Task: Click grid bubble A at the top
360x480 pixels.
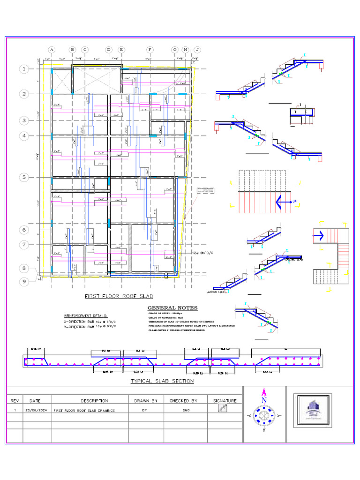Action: pyautogui.click(x=52, y=50)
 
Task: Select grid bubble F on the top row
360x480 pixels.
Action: pyautogui.click(x=150, y=50)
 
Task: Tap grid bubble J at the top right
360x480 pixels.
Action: pyautogui.click(x=197, y=50)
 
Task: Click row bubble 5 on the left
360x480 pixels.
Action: pyautogui.click(x=24, y=177)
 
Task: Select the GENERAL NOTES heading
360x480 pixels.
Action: pyautogui.click(x=172, y=308)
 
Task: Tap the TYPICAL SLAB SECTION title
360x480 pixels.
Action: pyautogui.click(x=162, y=381)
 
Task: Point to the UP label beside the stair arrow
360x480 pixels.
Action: pyautogui.click(x=294, y=202)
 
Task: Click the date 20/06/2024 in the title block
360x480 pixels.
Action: pyautogui.click(x=37, y=410)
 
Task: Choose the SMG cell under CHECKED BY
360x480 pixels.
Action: pyautogui.click(x=186, y=410)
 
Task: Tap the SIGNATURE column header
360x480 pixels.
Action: pyautogui.click(x=225, y=401)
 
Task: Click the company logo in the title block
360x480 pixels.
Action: pyautogui.click(x=313, y=410)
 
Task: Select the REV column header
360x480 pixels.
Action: pyautogui.click(x=15, y=401)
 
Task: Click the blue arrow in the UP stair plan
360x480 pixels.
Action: pyautogui.click(x=282, y=202)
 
